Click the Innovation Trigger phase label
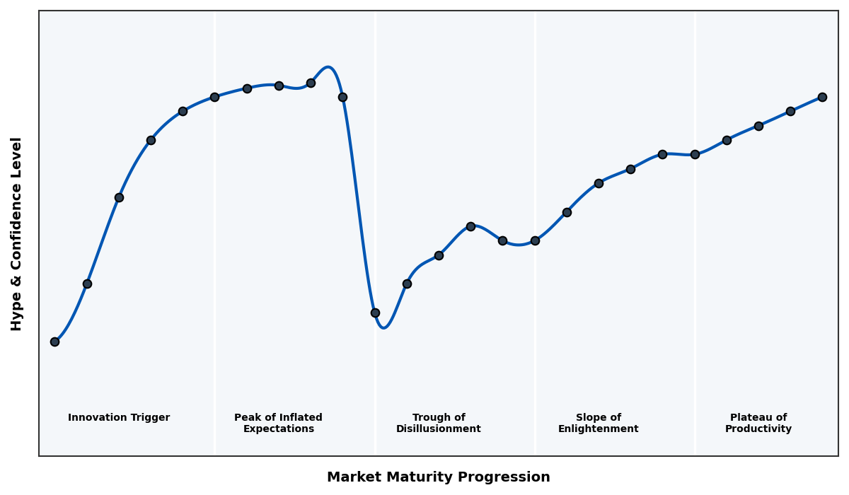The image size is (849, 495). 119,418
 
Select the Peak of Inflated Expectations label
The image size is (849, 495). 278,423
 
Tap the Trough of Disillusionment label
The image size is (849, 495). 439,423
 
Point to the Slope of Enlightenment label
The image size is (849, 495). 599,423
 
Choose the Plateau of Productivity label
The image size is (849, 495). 758,423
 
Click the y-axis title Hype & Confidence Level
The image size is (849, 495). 17,233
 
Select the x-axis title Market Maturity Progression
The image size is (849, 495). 439,477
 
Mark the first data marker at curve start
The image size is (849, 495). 54,342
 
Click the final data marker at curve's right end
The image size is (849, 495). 822,97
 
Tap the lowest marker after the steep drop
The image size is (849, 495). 375,313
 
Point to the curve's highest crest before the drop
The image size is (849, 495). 328,67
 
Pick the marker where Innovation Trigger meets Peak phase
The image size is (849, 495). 214,97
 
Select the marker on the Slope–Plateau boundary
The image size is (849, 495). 695,154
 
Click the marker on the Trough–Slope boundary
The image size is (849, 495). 535,240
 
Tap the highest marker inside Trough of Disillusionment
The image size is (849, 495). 470,226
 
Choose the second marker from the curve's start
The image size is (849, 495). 87,284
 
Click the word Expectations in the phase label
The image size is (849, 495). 278,429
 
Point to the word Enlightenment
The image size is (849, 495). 599,429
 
